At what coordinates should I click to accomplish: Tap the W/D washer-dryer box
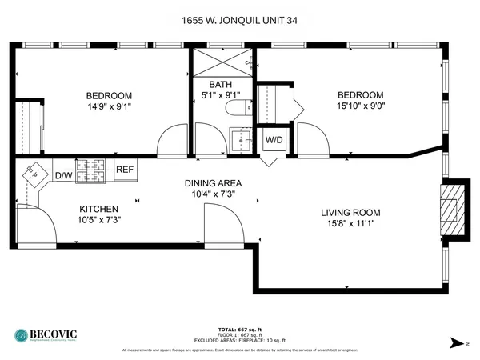(273, 139)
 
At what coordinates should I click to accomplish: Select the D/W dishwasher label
(63, 175)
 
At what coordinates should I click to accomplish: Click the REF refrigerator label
(125, 170)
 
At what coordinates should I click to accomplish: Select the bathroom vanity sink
(238, 142)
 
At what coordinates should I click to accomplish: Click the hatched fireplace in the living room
(450, 208)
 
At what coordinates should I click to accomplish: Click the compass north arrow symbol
(455, 342)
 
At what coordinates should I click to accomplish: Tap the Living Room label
(350, 212)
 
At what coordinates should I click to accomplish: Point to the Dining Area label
(213, 182)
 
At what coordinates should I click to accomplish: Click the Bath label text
(220, 85)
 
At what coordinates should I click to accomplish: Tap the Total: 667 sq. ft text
(239, 329)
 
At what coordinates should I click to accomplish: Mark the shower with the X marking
(222, 61)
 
